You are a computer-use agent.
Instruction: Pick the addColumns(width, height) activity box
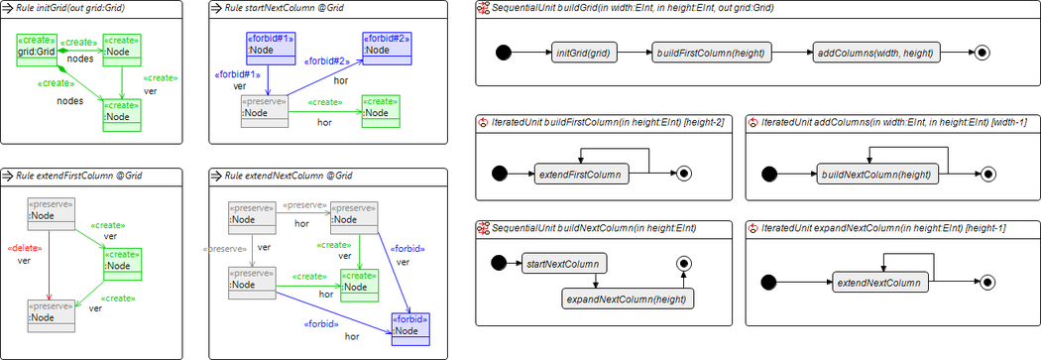point(875,53)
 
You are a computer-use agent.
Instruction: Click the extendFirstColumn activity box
point(582,175)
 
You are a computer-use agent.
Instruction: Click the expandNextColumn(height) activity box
point(628,299)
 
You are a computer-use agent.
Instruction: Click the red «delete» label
point(24,247)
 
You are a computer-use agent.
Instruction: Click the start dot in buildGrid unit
point(503,53)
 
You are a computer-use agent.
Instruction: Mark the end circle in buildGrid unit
point(982,53)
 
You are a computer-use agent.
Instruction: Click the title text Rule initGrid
point(59,8)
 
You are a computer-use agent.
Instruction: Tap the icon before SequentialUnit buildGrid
point(483,8)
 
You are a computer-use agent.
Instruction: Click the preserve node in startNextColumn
point(264,108)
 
